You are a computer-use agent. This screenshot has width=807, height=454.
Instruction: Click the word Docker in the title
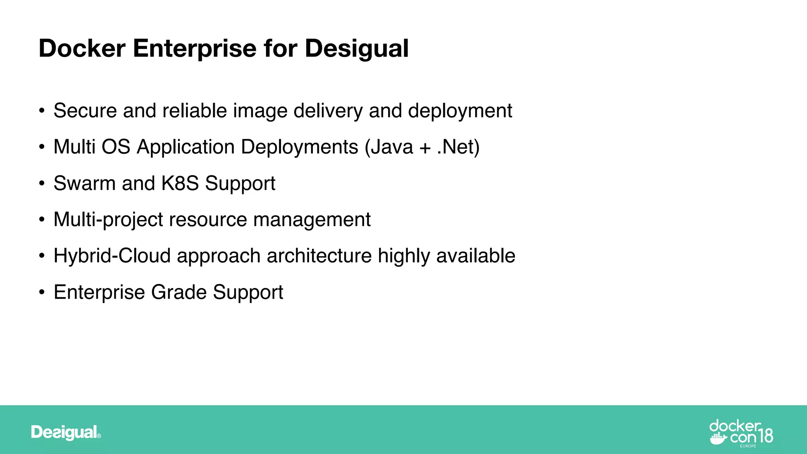coord(82,48)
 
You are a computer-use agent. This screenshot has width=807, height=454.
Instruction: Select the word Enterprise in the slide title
coord(195,48)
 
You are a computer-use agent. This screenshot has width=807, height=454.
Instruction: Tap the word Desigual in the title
coord(357,48)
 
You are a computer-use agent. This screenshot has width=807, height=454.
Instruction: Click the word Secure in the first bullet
coord(85,111)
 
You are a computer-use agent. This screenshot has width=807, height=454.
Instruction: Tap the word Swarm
coord(84,183)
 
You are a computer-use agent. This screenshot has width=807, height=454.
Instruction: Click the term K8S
coord(180,183)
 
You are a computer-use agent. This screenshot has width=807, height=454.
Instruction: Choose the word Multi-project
coord(108,220)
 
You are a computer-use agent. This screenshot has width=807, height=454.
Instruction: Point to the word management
coord(312,220)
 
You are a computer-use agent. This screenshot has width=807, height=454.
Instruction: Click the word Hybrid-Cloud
coord(112,256)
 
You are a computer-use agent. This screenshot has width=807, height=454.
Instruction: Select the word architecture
coord(319,256)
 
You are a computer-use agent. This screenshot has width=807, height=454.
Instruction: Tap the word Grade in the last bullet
coord(179,292)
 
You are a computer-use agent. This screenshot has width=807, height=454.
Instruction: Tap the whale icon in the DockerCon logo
coord(718,438)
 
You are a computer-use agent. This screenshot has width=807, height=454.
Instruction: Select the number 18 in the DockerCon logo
coord(765,436)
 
